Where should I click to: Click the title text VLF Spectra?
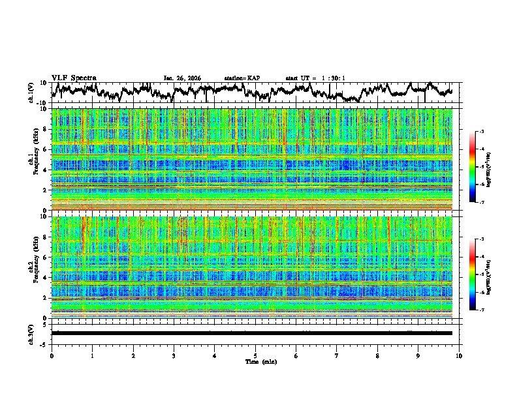click(x=74, y=78)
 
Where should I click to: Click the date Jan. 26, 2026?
click(x=182, y=78)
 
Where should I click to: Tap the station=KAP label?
click(x=242, y=78)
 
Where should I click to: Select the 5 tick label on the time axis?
click(x=255, y=355)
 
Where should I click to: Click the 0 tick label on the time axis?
click(x=52, y=355)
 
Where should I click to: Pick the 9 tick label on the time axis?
click(x=418, y=355)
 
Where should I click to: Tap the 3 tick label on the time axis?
click(x=174, y=355)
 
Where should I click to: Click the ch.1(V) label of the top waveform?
click(x=31, y=93)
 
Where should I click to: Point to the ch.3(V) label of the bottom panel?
click(x=31, y=332)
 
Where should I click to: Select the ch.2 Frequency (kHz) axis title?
click(x=33, y=267)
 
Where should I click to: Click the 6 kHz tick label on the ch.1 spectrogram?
click(x=46, y=149)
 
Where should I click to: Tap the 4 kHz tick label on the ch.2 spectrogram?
click(x=46, y=278)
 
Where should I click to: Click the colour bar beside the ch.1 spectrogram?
click(x=473, y=168)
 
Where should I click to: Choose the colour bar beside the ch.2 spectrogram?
click(x=473, y=275)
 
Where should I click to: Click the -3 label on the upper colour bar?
click(x=480, y=132)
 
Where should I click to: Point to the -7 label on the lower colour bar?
click(x=480, y=310)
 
